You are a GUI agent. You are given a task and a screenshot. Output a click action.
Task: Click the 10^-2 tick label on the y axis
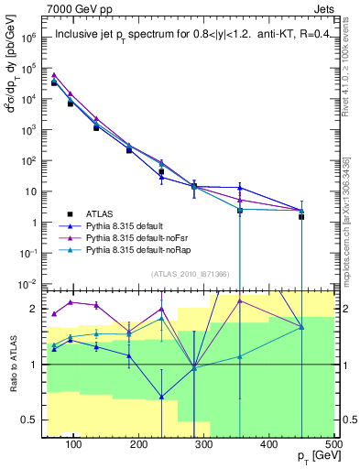coord(27,284)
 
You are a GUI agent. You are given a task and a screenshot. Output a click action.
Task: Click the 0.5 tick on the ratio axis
coord(29,420)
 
